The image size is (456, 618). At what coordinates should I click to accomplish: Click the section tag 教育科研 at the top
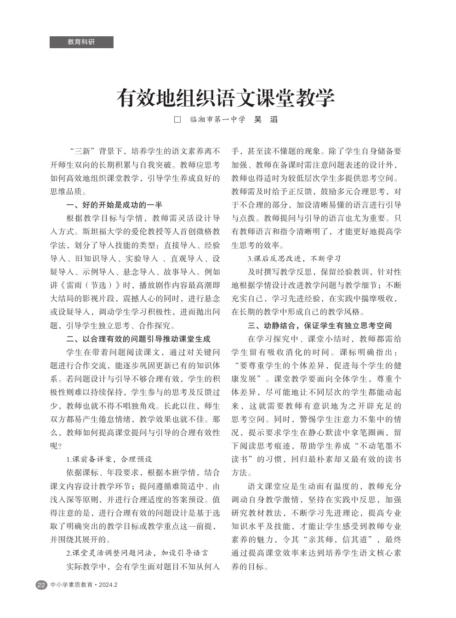point(81,42)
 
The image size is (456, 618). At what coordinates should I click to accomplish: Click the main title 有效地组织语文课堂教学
point(225,98)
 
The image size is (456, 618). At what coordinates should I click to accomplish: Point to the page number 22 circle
point(41,585)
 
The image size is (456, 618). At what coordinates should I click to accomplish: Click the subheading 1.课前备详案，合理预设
point(109,459)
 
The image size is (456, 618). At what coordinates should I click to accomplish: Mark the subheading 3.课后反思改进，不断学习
point(294,258)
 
